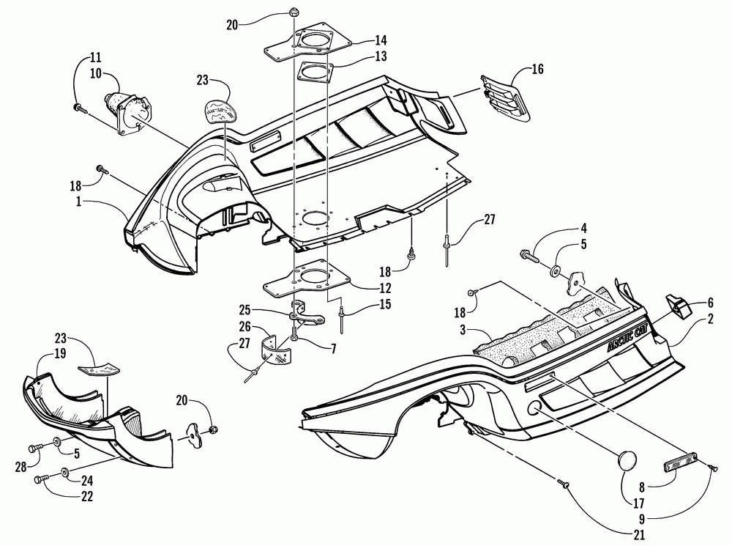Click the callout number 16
coord(537,71)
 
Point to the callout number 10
coord(96,73)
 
